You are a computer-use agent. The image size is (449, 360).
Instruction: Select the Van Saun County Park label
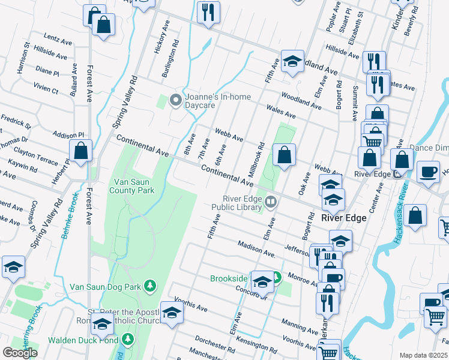[131, 185]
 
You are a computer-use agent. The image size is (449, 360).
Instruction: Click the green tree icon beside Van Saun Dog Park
[150, 286]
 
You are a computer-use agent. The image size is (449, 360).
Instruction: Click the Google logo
[20, 352]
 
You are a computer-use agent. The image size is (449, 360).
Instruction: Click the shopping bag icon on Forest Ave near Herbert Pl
[80, 152]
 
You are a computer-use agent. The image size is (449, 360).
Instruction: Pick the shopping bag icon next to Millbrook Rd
[285, 155]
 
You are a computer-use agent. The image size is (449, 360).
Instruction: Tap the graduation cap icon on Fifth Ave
[292, 61]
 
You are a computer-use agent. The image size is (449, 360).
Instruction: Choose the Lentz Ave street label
[58, 40]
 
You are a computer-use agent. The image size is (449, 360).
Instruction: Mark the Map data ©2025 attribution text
[423, 355]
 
